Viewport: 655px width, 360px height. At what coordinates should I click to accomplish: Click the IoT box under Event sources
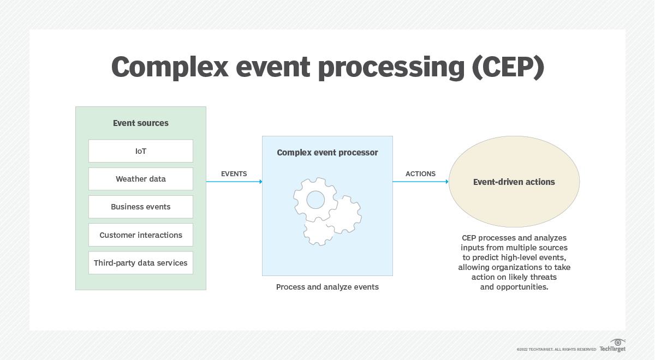(141, 151)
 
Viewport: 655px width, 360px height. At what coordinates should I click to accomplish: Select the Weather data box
(141, 179)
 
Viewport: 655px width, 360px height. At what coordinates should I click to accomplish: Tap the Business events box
(141, 207)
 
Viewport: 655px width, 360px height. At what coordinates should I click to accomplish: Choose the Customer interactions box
(141, 235)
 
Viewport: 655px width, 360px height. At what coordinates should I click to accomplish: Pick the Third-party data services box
(141, 263)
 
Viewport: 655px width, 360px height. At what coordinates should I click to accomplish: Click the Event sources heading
(141, 123)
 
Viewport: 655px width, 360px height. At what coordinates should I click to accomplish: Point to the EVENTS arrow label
(234, 174)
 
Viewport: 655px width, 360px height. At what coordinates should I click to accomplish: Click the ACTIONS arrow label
(420, 174)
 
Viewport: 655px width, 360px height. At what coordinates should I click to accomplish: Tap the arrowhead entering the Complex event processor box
(260, 182)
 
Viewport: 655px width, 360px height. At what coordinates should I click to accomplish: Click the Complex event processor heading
(327, 153)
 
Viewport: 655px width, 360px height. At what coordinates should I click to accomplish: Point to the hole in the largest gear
(315, 200)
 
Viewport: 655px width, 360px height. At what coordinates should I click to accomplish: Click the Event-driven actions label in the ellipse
(514, 182)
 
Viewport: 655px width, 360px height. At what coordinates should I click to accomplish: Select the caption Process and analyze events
(327, 287)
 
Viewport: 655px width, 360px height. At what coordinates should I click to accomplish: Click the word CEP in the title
(508, 67)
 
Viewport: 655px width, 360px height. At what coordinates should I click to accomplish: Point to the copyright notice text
(556, 349)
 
